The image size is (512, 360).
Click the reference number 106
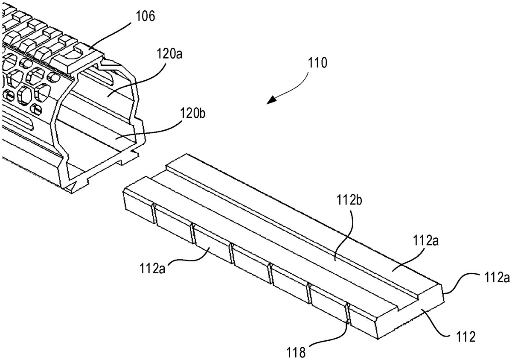(145, 16)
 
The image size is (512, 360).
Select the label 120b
(193, 113)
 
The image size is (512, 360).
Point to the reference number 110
(317, 63)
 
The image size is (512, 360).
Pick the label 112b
(349, 200)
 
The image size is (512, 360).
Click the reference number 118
(296, 352)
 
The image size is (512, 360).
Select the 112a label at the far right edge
(497, 278)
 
